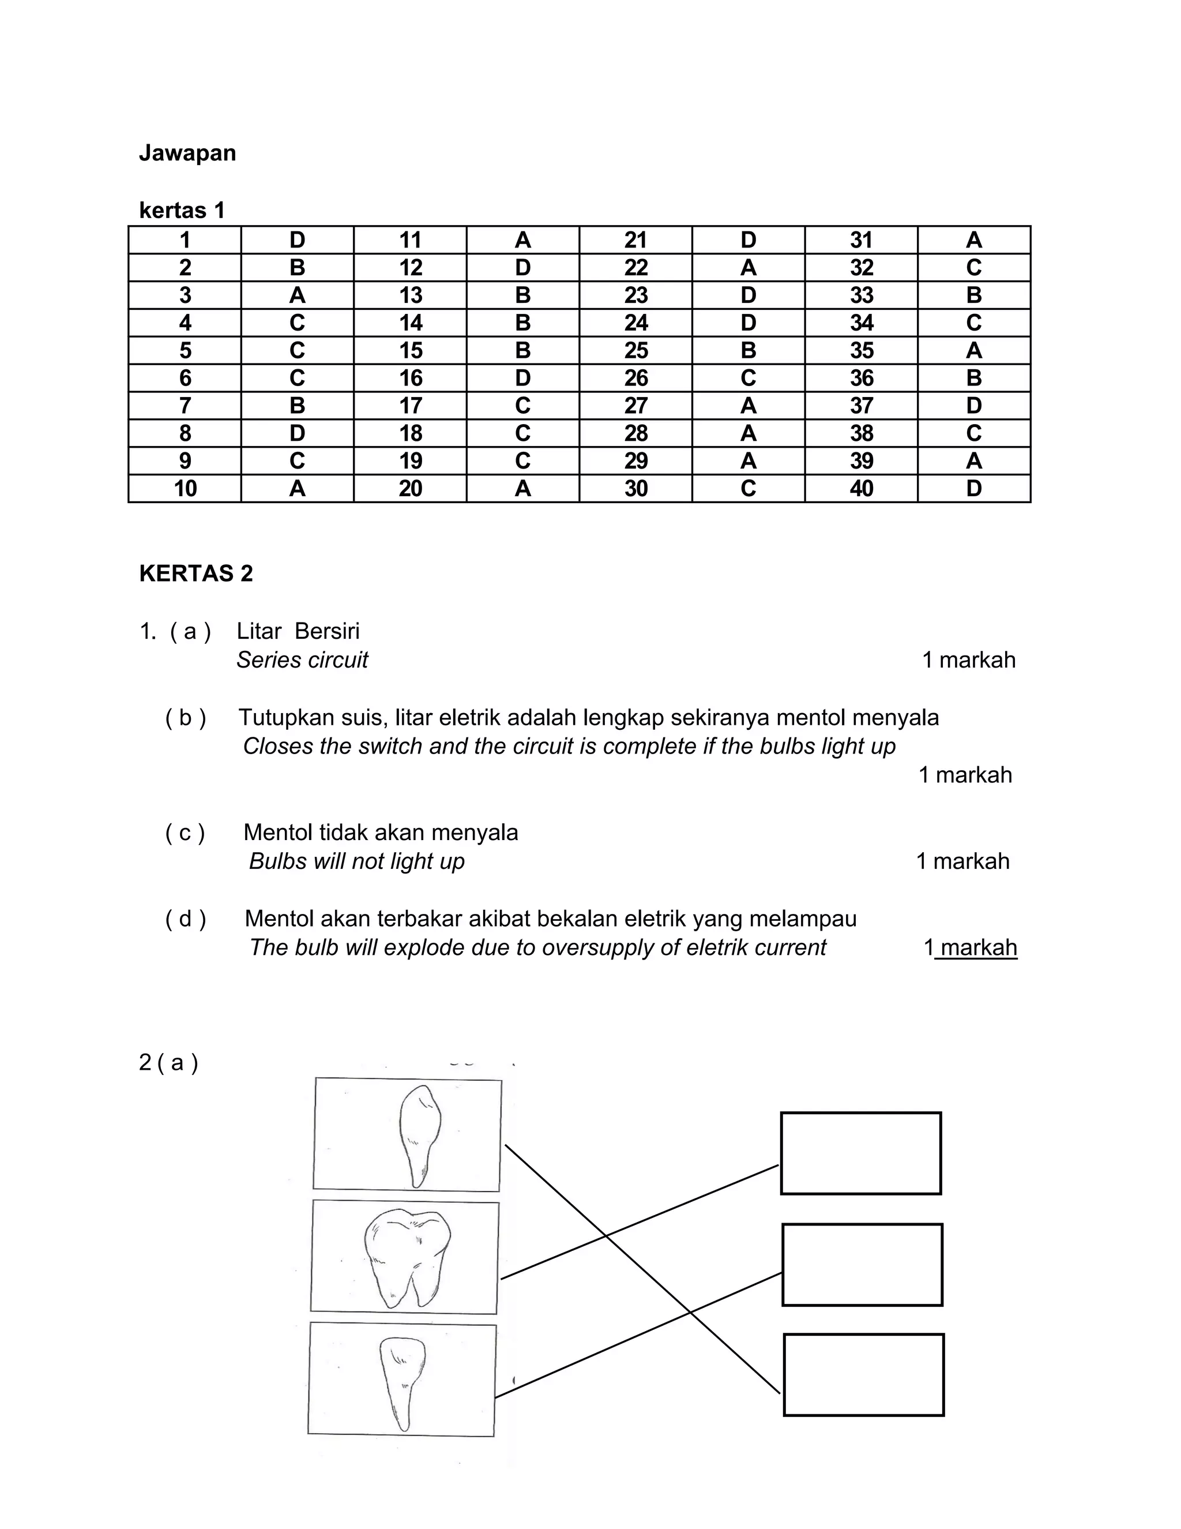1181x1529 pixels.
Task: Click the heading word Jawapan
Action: [x=187, y=153]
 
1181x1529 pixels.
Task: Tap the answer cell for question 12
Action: [x=522, y=268]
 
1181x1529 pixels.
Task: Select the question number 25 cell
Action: [x=635, y=350]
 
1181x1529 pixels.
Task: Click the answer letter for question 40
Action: [x=973, y=488]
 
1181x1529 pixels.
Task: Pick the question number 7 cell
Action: [x=185, y=406]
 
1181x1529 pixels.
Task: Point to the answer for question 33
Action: [x=973, y=295]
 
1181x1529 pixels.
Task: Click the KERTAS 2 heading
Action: [x=196, y=574]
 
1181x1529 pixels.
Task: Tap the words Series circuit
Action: [x=302, y=660]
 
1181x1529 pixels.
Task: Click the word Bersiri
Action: [x=327, y=631]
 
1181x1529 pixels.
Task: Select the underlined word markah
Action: [x=979, y=948]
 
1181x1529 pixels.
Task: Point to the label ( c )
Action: [x=185, y=833]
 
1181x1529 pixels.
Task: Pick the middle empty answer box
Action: [x=862, y=1264]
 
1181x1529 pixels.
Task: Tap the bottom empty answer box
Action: [x=863, y=1374]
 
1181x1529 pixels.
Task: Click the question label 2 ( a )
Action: [x=168, y=1063]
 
